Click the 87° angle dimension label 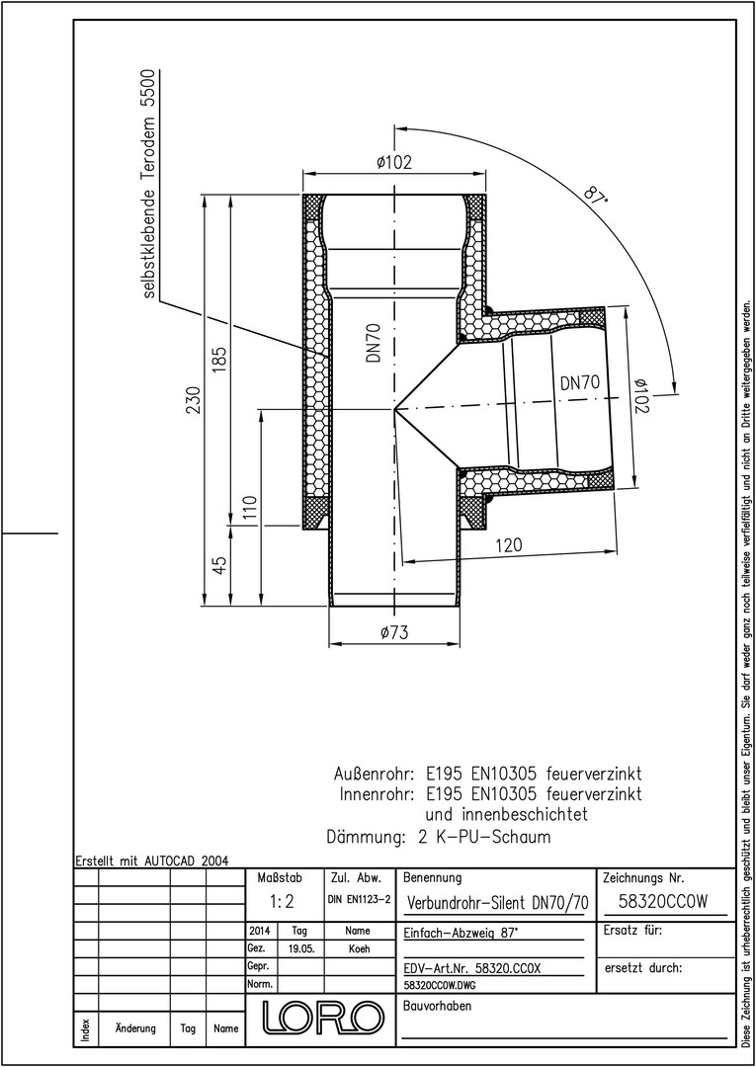pyautogui.click(x=595, y=196)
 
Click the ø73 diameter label pyautogui.click(x=394, y=632)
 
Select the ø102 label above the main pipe pyautogui.click(x=393, y=163)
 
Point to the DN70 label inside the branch pyautogui.click(x=580, y=383)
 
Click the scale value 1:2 pyautogui.click(x=281, y=902)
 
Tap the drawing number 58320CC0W pyautogui.click(x=663, y=901)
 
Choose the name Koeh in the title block pyautogui.click(x=359, y=948)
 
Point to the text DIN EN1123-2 pyautogui.click(x=359, y=900)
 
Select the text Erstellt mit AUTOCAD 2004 pyautogui.click(x=152, y=861)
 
